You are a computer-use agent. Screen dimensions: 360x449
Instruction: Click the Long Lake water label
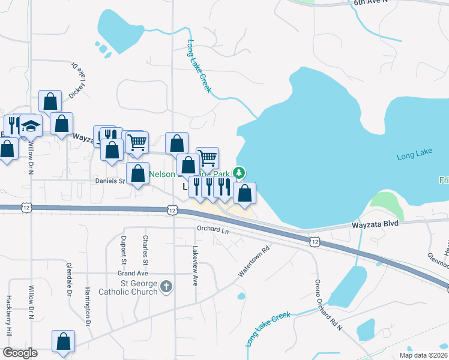415,157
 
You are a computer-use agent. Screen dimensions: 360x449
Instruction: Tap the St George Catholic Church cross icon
166,287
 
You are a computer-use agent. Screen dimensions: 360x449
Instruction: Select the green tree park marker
240,173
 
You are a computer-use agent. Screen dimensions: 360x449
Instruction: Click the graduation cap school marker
31,125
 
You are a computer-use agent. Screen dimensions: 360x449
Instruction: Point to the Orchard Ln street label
213,229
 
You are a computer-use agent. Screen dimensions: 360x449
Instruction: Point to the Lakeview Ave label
195,265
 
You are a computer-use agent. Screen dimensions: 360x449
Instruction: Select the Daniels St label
109,180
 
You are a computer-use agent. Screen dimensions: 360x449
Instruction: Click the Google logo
20,353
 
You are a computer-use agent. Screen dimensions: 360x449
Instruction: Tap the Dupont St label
124,250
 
